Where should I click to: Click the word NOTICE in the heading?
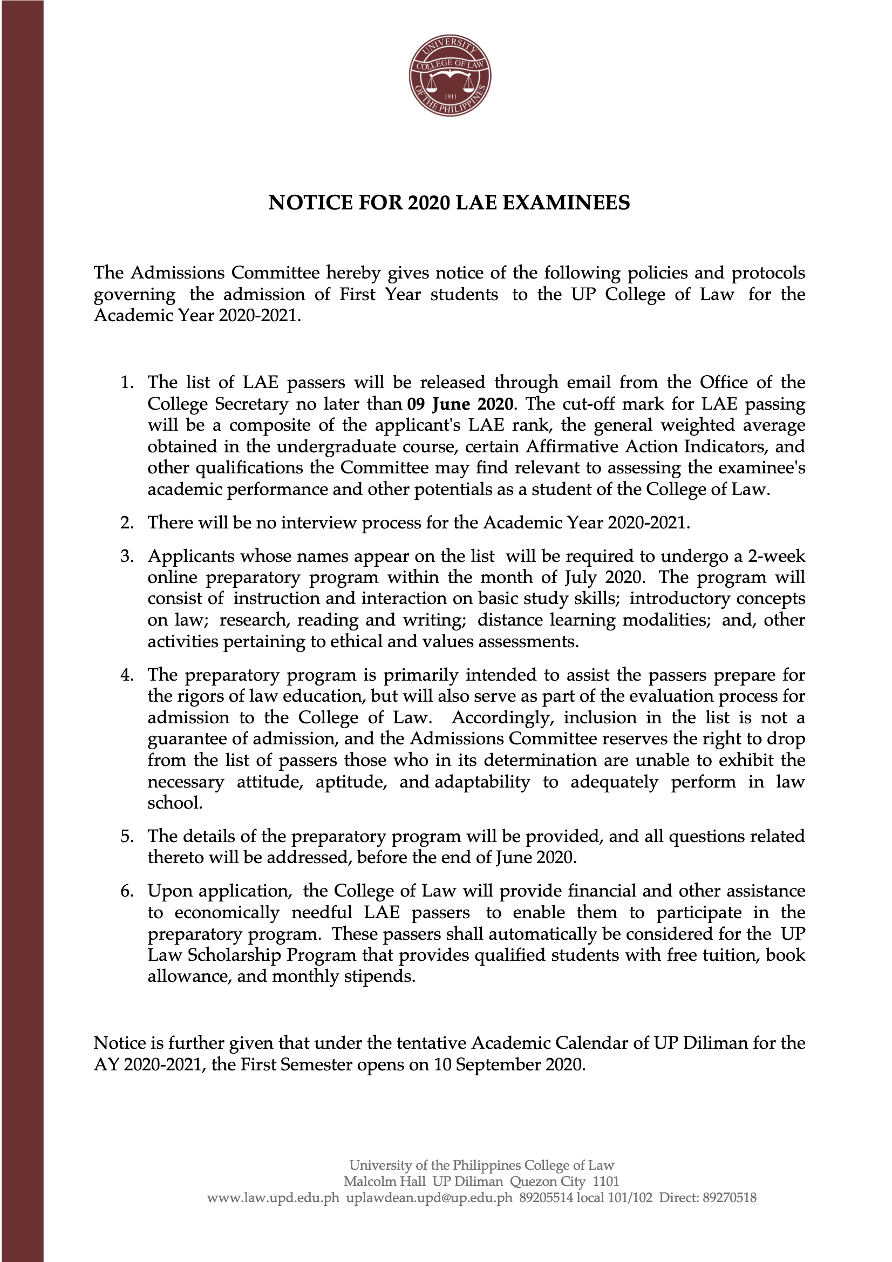[x=299, y=203]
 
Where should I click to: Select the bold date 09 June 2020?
[x=460, y=404]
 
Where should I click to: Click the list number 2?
[x=126, y=522]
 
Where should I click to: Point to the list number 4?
[x=126, y=674]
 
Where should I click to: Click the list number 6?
[x=126, y=891]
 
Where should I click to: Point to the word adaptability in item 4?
[x=482, y=782]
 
